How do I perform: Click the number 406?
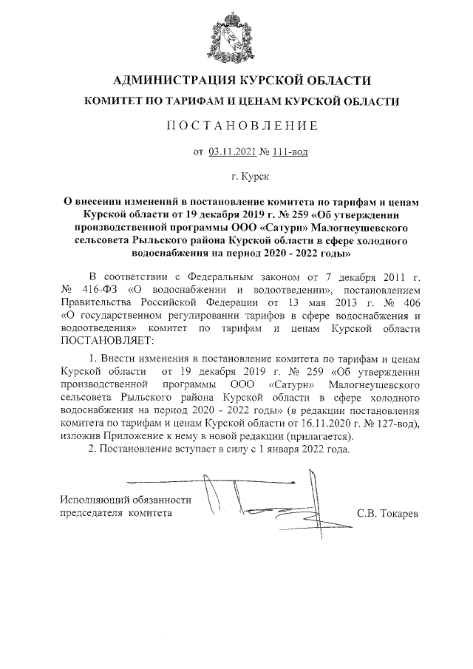tap(410, 302)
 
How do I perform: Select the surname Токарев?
tap(398, 512)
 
